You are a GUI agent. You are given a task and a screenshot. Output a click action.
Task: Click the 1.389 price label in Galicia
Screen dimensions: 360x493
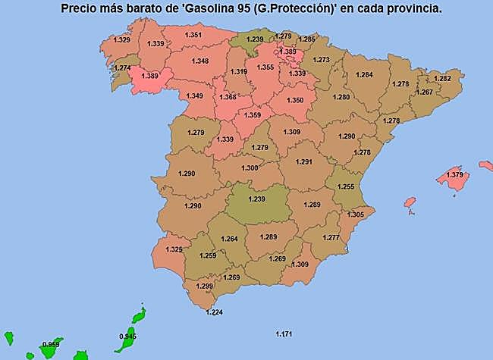(x=150, y=76)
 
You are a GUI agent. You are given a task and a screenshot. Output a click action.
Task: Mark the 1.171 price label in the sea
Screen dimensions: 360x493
(x=284, y=333)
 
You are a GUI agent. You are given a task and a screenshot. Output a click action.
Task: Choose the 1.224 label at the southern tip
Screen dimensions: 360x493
(x=215, y=312)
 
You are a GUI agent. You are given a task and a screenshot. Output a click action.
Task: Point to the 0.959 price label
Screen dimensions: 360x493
(x=52, y=345)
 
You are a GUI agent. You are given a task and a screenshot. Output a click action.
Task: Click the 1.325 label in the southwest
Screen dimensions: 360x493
(x=174, y=249)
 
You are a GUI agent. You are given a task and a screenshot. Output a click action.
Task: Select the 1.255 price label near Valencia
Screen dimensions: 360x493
(x=346, y=186)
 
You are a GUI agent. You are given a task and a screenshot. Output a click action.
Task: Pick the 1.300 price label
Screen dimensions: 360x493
(x=250, y=168)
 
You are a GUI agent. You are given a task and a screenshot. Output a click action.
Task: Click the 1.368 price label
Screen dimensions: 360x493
(x=228, y=97)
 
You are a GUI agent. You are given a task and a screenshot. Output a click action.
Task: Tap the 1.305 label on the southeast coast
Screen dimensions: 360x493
(x=355, y=214)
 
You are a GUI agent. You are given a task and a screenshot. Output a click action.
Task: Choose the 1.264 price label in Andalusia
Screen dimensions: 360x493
(x=229, y=239)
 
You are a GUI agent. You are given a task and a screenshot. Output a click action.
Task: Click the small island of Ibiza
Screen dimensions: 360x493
(x=410, y=202)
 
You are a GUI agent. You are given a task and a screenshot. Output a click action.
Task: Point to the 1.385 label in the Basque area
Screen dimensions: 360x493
(x=287, y=52)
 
